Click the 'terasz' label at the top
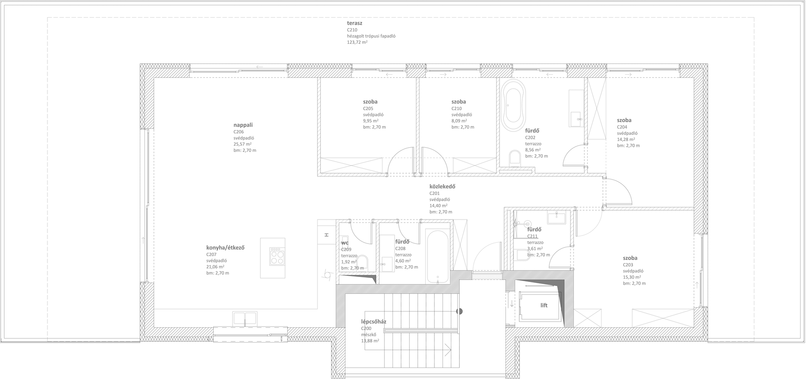(354, 24)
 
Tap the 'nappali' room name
(243, 125)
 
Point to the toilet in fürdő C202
(514, 158)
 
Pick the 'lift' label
(544, 306)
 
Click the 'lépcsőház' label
(374, 322)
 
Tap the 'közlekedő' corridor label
(442, 187)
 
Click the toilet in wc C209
(363, 263)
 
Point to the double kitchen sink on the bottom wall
(245, 318)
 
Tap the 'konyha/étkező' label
(225, 248)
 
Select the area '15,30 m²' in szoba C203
(632, 277)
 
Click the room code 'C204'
(622, 127)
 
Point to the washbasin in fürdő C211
(556, 217)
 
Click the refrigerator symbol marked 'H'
(326, 235)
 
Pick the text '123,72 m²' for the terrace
(357, 42)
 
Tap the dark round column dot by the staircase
(460, 311)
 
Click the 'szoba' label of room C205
(370, 102)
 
